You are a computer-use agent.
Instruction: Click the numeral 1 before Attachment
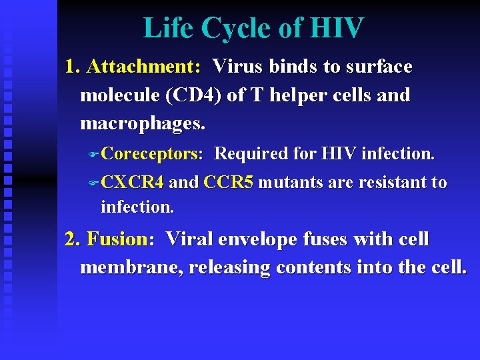70,67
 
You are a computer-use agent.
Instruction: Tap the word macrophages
143,124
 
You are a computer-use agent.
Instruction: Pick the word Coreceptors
152,154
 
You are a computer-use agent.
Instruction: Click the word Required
251,154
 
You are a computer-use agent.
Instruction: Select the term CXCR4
133,183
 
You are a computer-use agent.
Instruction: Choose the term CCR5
228,183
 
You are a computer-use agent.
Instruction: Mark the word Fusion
117,239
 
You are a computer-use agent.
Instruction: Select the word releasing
229,267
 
